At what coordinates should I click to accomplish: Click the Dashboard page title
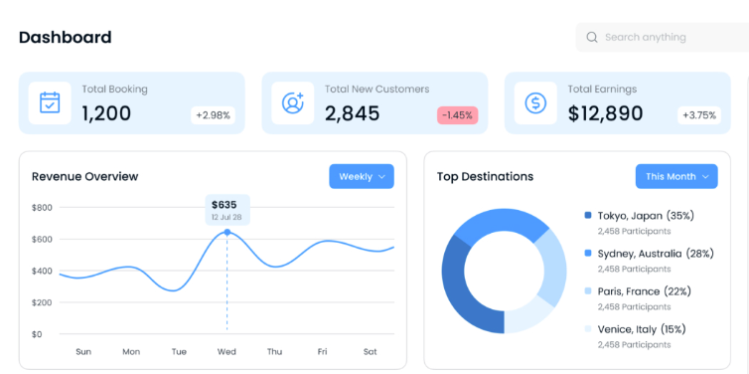[65, 38]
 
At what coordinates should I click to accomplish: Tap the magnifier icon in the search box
[592, 38]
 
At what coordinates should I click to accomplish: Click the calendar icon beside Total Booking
[50, 102]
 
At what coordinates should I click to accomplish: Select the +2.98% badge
[213, 115]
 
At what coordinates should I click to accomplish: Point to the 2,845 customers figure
[352, 113]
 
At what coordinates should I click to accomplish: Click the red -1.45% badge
[457, 115]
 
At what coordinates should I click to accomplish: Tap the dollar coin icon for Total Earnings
[535, 102]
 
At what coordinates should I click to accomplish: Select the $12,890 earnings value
[605, 113]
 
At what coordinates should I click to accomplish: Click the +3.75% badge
[698, 115]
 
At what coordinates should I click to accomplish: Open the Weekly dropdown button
[362, 176]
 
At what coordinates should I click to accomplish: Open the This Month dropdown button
[676, 176]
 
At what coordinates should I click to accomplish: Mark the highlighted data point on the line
[226, 233]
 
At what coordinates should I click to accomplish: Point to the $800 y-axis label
[43, 207]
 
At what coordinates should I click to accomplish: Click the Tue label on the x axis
[179, 351]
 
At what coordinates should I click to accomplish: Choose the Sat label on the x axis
[370, 351]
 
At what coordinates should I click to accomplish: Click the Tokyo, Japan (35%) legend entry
[645, 215]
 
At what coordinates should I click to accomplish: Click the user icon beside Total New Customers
[292, 102]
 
